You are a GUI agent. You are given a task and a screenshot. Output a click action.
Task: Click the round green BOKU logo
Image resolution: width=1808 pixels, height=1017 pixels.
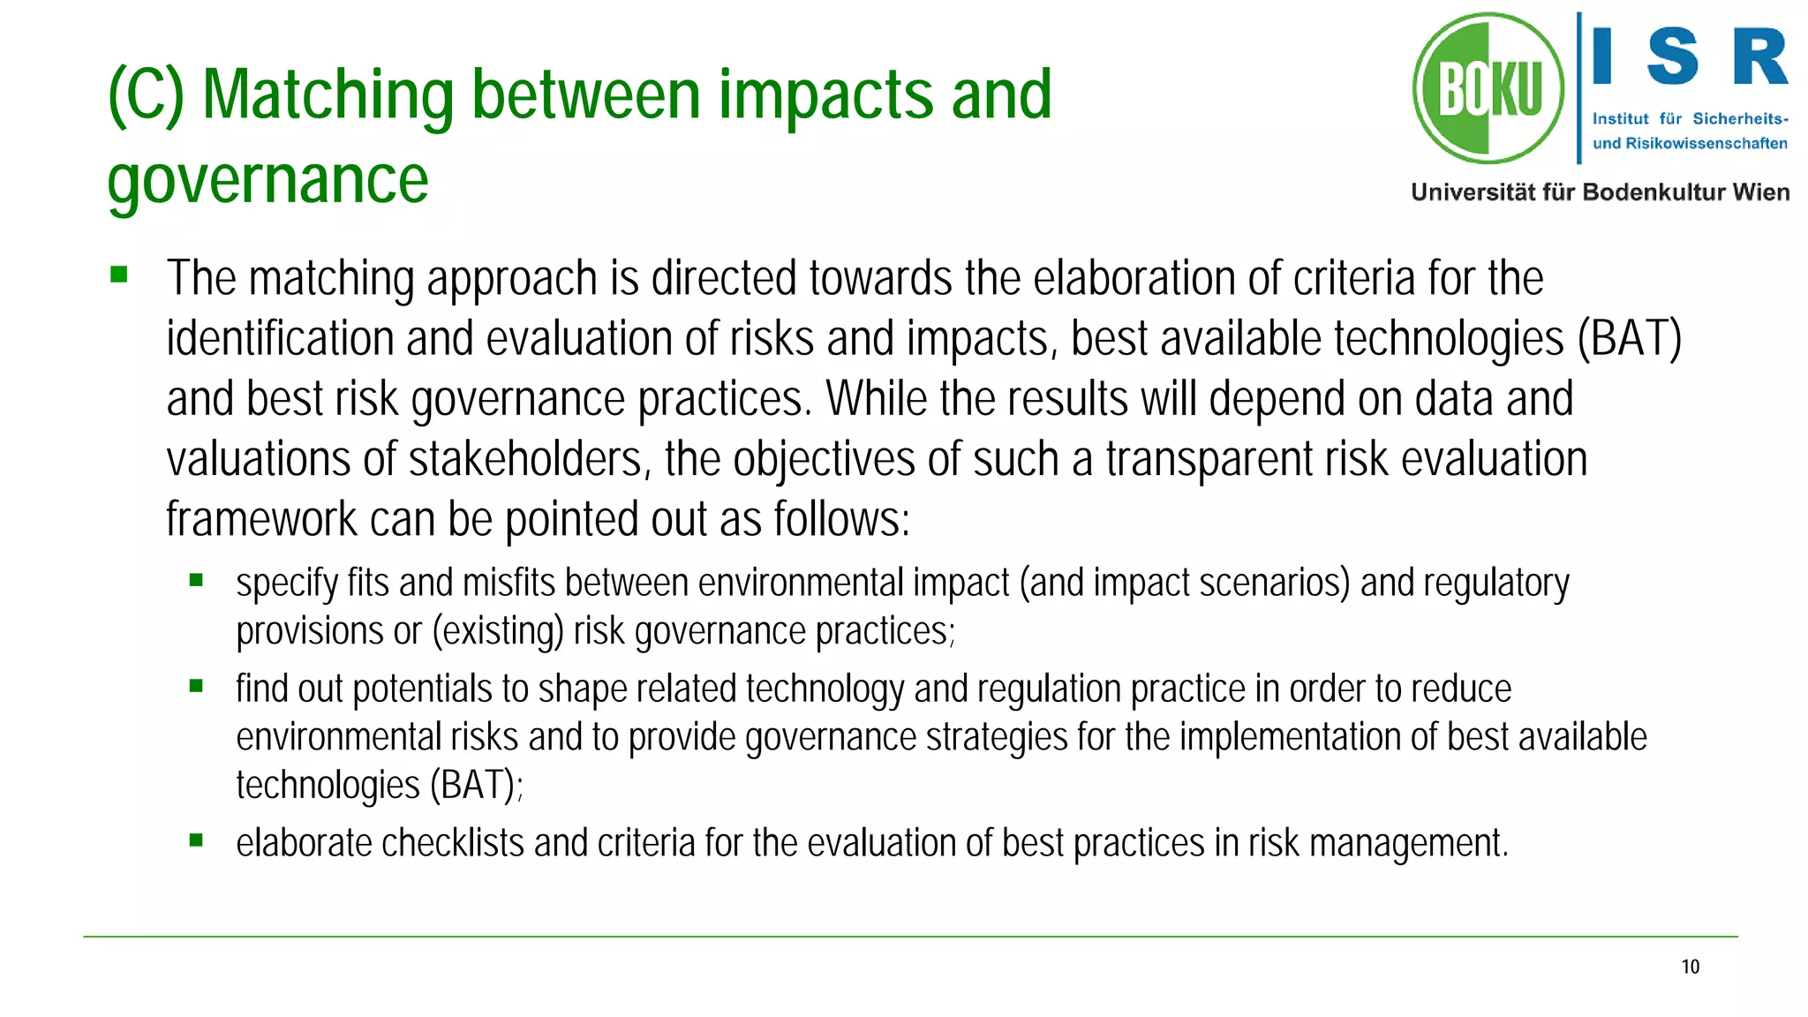point(1488,88)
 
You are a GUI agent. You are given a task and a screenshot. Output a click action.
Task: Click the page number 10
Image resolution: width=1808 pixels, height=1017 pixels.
point(1690,967)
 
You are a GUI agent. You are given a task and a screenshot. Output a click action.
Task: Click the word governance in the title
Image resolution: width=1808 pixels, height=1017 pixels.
point(267,180)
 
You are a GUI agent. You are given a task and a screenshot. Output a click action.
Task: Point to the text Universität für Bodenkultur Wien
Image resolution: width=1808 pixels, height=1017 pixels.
point(1600,192)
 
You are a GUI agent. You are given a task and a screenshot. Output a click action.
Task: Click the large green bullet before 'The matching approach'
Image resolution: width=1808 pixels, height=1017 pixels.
point(119,275)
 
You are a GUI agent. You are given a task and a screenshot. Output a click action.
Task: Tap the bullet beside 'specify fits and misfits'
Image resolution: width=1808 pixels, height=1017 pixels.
point(196,580)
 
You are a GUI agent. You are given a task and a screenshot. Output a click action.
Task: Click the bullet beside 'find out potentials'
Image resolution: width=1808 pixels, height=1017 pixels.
point(196,685)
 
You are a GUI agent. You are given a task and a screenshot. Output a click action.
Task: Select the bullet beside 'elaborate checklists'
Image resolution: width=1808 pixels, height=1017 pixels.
point(196,840)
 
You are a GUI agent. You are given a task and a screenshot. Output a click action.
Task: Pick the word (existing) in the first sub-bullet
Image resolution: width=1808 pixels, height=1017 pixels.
point(498,632)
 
